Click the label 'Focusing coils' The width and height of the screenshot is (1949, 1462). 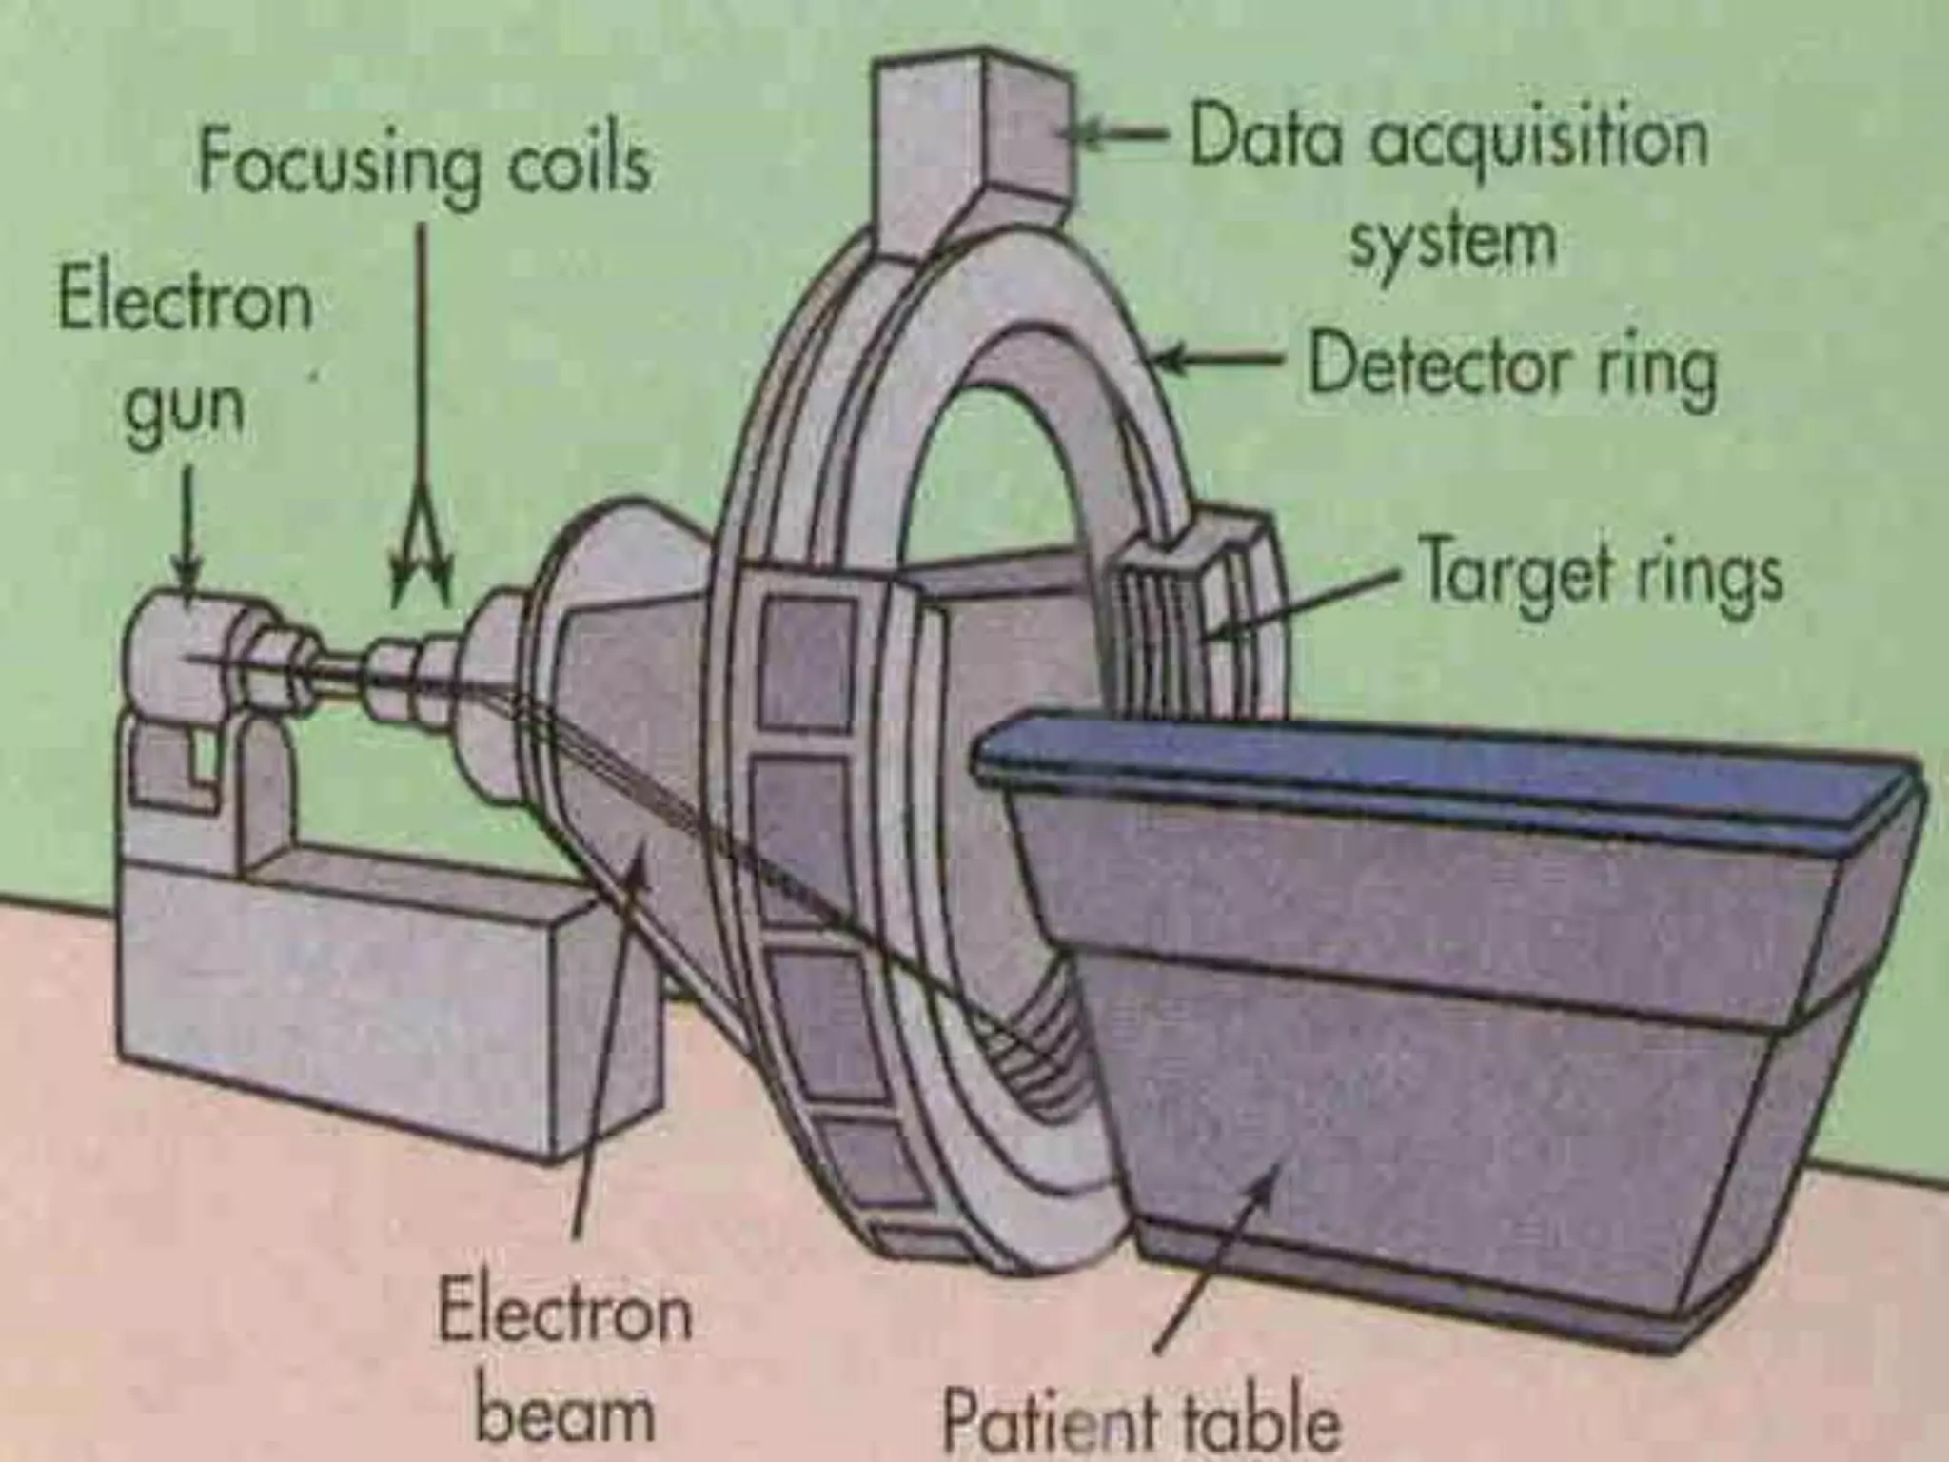[423, 164]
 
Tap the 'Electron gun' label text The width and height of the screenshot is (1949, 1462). [186, 352]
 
